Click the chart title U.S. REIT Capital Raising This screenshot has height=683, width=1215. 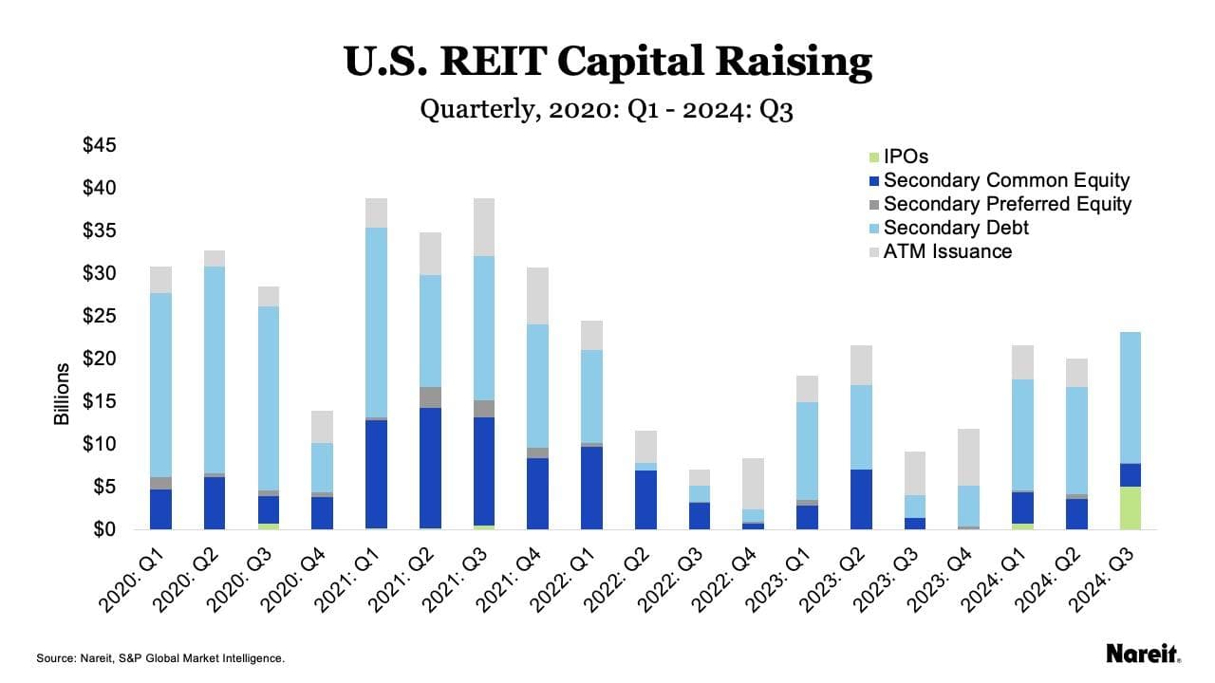pyautogui.click(x=607, y=62)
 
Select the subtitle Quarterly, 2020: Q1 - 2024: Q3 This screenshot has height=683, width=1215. pyautogui.click(x=607, y=110)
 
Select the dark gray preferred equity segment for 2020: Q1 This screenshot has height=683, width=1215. pyautogui.click(x=161, y=483)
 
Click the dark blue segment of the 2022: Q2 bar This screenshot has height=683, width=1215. pyautogui.click(x=645, y=499)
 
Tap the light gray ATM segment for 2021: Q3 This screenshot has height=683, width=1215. pyautogui.click(x=485, y=228)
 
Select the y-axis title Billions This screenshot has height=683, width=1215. pyautogui.click(x=63, y=394)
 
